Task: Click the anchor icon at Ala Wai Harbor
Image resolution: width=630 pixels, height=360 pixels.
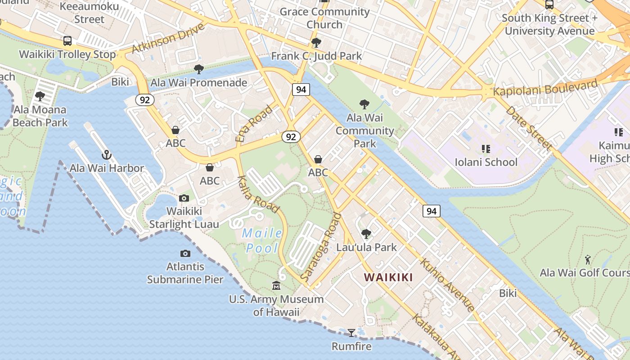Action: pyautogui.click(x=106, y=155)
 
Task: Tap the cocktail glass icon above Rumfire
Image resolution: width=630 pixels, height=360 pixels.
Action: pyautogui.click(x=351, y=333)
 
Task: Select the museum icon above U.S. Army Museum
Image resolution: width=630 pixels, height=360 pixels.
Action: pyautogui.click(x=276, y=286)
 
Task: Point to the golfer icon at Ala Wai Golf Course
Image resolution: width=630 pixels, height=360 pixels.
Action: pyautogui.click(x=588, y=260)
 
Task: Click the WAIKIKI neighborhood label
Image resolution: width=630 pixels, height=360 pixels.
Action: pyautogui.click(x=388, y=277)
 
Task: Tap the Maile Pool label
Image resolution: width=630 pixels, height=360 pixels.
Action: pyautogui.click(x=262, y=241)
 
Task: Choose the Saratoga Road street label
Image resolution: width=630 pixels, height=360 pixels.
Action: pyautogui.click(x=320, y=248)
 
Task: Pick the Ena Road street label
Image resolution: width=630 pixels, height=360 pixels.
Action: pyautogui.click(x=254, y=124)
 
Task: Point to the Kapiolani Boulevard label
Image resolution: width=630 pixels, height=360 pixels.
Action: pyautogui.click(x=545, y=88)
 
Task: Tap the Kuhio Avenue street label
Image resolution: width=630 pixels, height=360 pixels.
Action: pyautogui.click(x=447, y=285)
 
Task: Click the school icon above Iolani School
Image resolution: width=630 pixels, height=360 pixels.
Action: pyautogui.click(x=486, y=148)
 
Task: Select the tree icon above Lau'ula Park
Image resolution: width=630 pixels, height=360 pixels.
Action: pyautogui.click(x=366, y=234)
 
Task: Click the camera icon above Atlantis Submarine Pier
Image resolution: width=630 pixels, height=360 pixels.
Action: pyautogui.click(x=185, y=254)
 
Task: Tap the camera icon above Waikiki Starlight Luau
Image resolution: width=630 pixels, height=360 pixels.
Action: pyautogui.click(x=184, y=198)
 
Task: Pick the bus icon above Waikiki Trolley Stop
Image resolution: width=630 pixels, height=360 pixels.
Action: pyautogui.click(x=67, y=41)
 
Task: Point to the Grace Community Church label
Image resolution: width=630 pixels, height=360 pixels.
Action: pyautogui.click(x=324, y=18)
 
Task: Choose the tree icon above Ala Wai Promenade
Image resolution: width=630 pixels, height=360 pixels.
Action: pyautogui.click(x=198, y=69)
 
